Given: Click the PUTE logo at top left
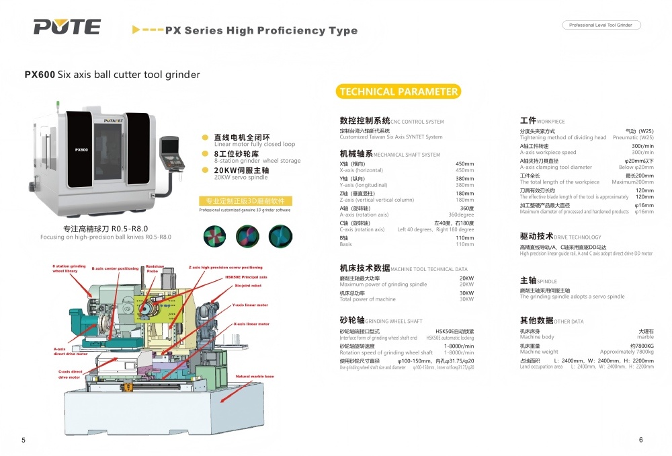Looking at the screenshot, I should click(x=67, y=27).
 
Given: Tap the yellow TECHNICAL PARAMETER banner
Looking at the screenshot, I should click(x=398, y=92).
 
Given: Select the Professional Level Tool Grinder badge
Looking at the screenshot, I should click(x=601, y=25).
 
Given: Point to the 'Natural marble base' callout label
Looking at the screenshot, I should click(x=255, y=377).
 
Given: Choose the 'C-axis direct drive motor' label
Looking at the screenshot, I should click(x=70, y=375).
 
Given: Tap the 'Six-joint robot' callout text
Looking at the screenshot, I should click(x=247, y=286).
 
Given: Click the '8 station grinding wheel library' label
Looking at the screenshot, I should click(x=69, y=268).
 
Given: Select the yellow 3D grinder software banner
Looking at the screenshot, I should click(x=245, y=201).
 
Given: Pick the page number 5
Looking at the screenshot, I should click(x=24, y=440).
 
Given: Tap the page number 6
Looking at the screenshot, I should click(x=640, y=440).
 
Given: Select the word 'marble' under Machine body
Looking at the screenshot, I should click(x=645, y=337).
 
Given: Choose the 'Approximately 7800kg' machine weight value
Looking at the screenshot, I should click(x=626, y=352).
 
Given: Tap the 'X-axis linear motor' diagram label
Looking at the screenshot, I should click(x=251, y=324).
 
